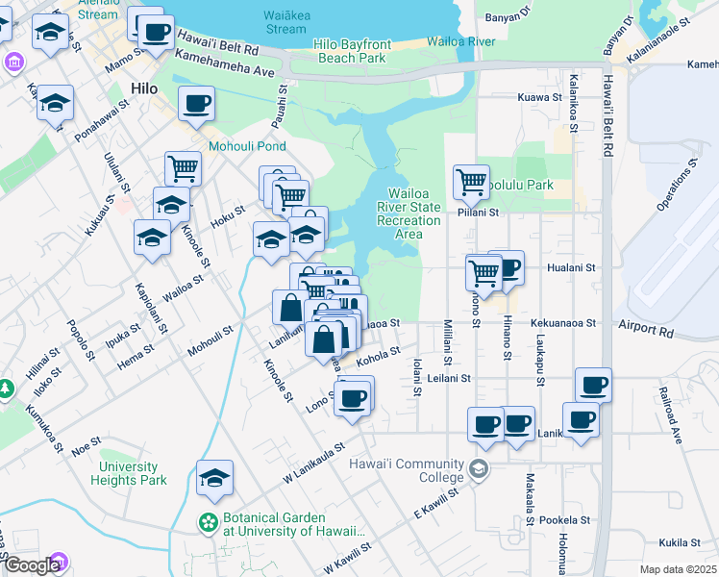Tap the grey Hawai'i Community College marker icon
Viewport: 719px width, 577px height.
point(479,470)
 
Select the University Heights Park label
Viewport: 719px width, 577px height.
point(133,473)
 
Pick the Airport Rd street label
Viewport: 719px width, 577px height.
point(646,329)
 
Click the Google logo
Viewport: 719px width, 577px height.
point(32,565)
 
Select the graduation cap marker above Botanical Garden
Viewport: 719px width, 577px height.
point(214,477)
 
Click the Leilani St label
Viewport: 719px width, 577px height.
point(450,379)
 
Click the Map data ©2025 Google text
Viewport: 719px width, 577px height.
point(677,569)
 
